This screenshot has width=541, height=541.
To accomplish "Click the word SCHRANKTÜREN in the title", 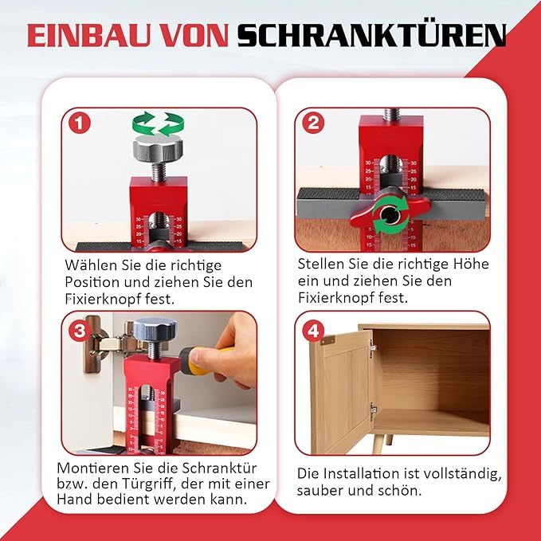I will (x=371, y=35).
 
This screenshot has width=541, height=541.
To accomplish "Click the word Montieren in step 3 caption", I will (x=91, y=468).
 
